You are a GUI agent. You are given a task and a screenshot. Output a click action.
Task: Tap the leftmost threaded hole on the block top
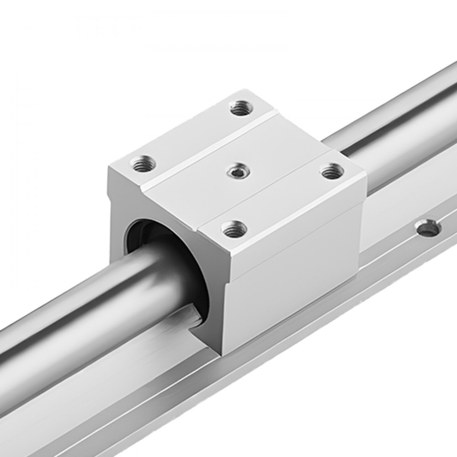point(143,163)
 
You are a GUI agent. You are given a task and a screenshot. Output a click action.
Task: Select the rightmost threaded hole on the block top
point(332,171)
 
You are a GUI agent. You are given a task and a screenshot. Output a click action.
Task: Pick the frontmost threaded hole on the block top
point(234,228)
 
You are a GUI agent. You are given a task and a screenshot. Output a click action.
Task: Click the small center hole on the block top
point(236,170)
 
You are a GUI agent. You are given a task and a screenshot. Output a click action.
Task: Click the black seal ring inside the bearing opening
point(137,233)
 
